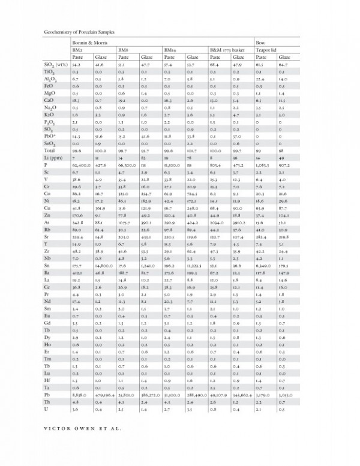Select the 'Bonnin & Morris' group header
pos(88,43)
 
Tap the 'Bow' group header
pos(261,43)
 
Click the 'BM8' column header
pos(124,50)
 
